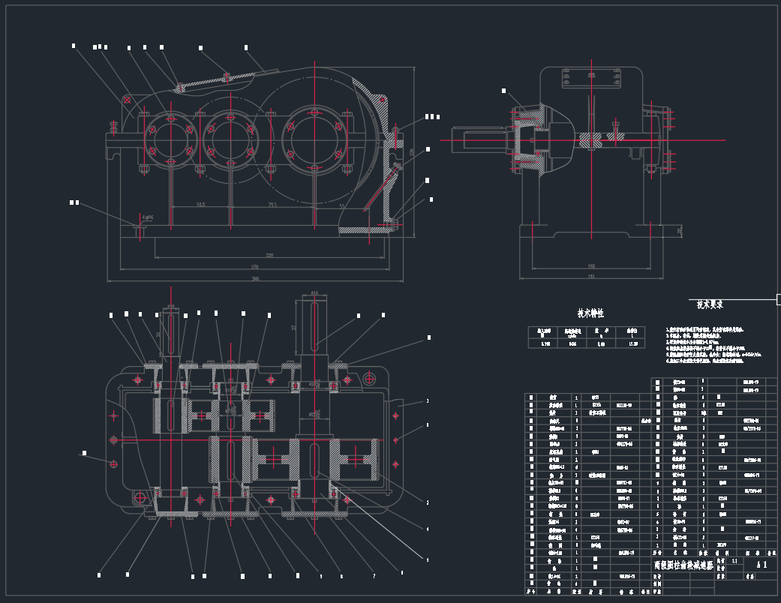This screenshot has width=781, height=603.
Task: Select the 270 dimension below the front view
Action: click(x=254, y=266)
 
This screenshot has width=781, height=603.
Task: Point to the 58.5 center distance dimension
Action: click(x=201, y=204)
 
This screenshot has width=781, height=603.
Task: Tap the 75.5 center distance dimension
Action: click(x=272, y=204)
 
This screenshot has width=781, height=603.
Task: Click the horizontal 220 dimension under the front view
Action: click(x=269, y=255)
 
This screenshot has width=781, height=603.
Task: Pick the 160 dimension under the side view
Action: click(x=591, y=265)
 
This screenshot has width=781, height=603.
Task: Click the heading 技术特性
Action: click(x=590, y=313)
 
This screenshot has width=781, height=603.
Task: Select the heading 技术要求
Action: click(x=709, y=304)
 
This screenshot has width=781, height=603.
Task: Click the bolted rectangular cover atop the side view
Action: click(x=592, y=77)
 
